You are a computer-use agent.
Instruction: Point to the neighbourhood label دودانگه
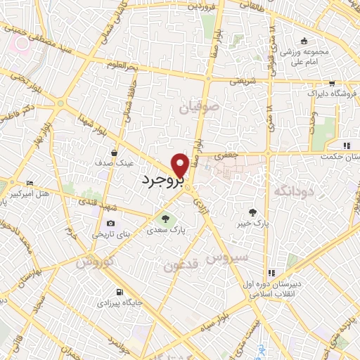click(x=292, y=191)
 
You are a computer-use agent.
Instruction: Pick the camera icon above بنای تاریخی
click(x=110, y=223)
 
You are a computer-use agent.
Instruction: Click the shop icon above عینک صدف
click(x=114, y=151)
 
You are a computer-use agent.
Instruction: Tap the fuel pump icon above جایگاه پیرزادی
click(x=119, y=292)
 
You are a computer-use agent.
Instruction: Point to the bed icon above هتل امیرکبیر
click(x=29, y=183)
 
